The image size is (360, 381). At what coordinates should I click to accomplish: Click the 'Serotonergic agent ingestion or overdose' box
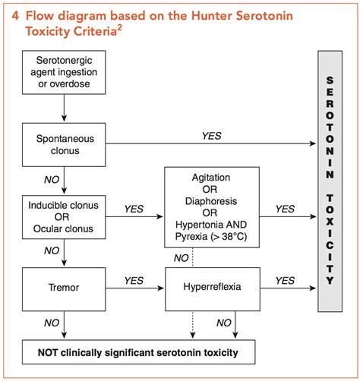point(66,70)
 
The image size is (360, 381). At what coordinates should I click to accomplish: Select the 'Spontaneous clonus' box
point(66,144)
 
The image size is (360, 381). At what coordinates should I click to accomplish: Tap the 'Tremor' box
point(66,288)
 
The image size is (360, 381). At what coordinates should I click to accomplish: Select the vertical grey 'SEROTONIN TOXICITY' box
point(330,181)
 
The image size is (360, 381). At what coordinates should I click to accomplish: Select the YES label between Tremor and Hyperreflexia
point(134,280)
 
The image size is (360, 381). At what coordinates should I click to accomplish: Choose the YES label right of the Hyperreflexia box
point(285,280)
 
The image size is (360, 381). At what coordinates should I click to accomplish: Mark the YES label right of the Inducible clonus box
point(134,209)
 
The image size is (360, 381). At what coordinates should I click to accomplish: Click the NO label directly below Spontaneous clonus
point(52,179)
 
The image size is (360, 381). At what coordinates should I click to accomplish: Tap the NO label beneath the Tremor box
point(52,323)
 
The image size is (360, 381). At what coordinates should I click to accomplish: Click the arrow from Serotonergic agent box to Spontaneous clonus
point(66,109)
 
